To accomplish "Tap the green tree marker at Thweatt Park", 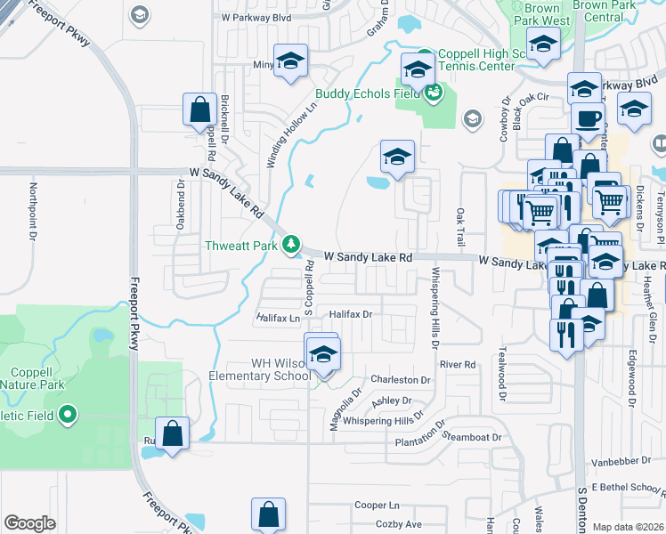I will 290,245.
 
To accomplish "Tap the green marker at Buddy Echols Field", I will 435,93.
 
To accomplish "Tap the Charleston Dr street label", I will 401,379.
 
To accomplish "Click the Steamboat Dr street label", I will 473,437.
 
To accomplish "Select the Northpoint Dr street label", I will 32,212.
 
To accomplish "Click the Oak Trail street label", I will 460,228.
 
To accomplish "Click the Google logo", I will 29,523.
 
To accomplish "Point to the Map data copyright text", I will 628,527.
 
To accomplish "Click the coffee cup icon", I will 588,118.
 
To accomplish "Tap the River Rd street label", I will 458,364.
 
